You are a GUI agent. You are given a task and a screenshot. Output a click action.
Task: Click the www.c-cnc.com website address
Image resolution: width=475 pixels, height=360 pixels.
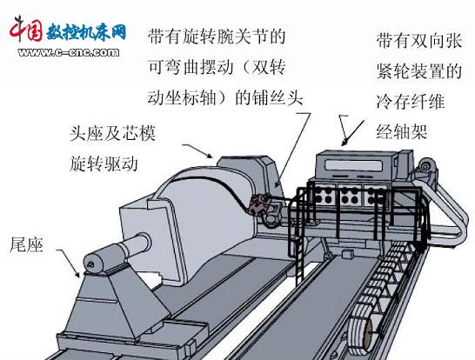pyautogui.click(x=68, y=52)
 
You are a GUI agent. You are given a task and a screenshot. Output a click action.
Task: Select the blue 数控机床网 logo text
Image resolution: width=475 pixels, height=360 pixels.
pyautogui.click(x=86, y=31)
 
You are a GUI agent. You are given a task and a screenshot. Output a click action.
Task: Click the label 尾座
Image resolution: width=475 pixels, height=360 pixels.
pyautogui.click(x=27, y=245)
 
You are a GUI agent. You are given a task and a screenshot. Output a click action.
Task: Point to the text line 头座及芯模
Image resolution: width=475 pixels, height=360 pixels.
pyautogui.click(x=113, y=133)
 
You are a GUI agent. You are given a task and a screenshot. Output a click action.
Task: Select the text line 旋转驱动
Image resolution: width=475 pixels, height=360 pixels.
pyautogui.click(x=104, y=163)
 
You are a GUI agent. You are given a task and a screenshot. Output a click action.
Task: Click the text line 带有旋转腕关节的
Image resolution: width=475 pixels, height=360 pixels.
pyautogui.click(x=217, y=37)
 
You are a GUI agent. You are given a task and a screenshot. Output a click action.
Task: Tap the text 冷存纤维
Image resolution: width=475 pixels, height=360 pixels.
pyautogui.click(x=411, y=102)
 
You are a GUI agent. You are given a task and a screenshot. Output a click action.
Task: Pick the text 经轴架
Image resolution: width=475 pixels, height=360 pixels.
pyautogui.click(x=402, y=131)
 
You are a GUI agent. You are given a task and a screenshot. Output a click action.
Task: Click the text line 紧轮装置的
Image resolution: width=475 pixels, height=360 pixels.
pyautogui.click(x=419, y=71)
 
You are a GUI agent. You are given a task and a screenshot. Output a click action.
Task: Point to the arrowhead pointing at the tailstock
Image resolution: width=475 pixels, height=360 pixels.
pyautogui.click(x=77, y=273)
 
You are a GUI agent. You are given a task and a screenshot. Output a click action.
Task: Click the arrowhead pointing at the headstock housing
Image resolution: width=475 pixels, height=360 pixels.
pyautogui.click(x=209, y=155)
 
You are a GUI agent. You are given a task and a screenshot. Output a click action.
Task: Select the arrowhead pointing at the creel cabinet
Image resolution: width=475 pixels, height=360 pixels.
pyautogui.click(x=345, y=142)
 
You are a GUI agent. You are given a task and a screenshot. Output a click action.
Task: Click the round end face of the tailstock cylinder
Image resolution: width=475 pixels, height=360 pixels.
pyautogui.click(x=91, y=264)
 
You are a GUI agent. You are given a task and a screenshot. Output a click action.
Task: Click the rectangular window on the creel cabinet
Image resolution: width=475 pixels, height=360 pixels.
pyautogui.click(x=353, y=165)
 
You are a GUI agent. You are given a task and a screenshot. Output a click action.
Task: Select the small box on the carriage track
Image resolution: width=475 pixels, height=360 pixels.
pyautogui.click(x=347, y=254)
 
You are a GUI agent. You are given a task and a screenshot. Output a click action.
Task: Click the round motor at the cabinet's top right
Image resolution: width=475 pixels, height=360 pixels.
pyautogui.click(x=426, y=166)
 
